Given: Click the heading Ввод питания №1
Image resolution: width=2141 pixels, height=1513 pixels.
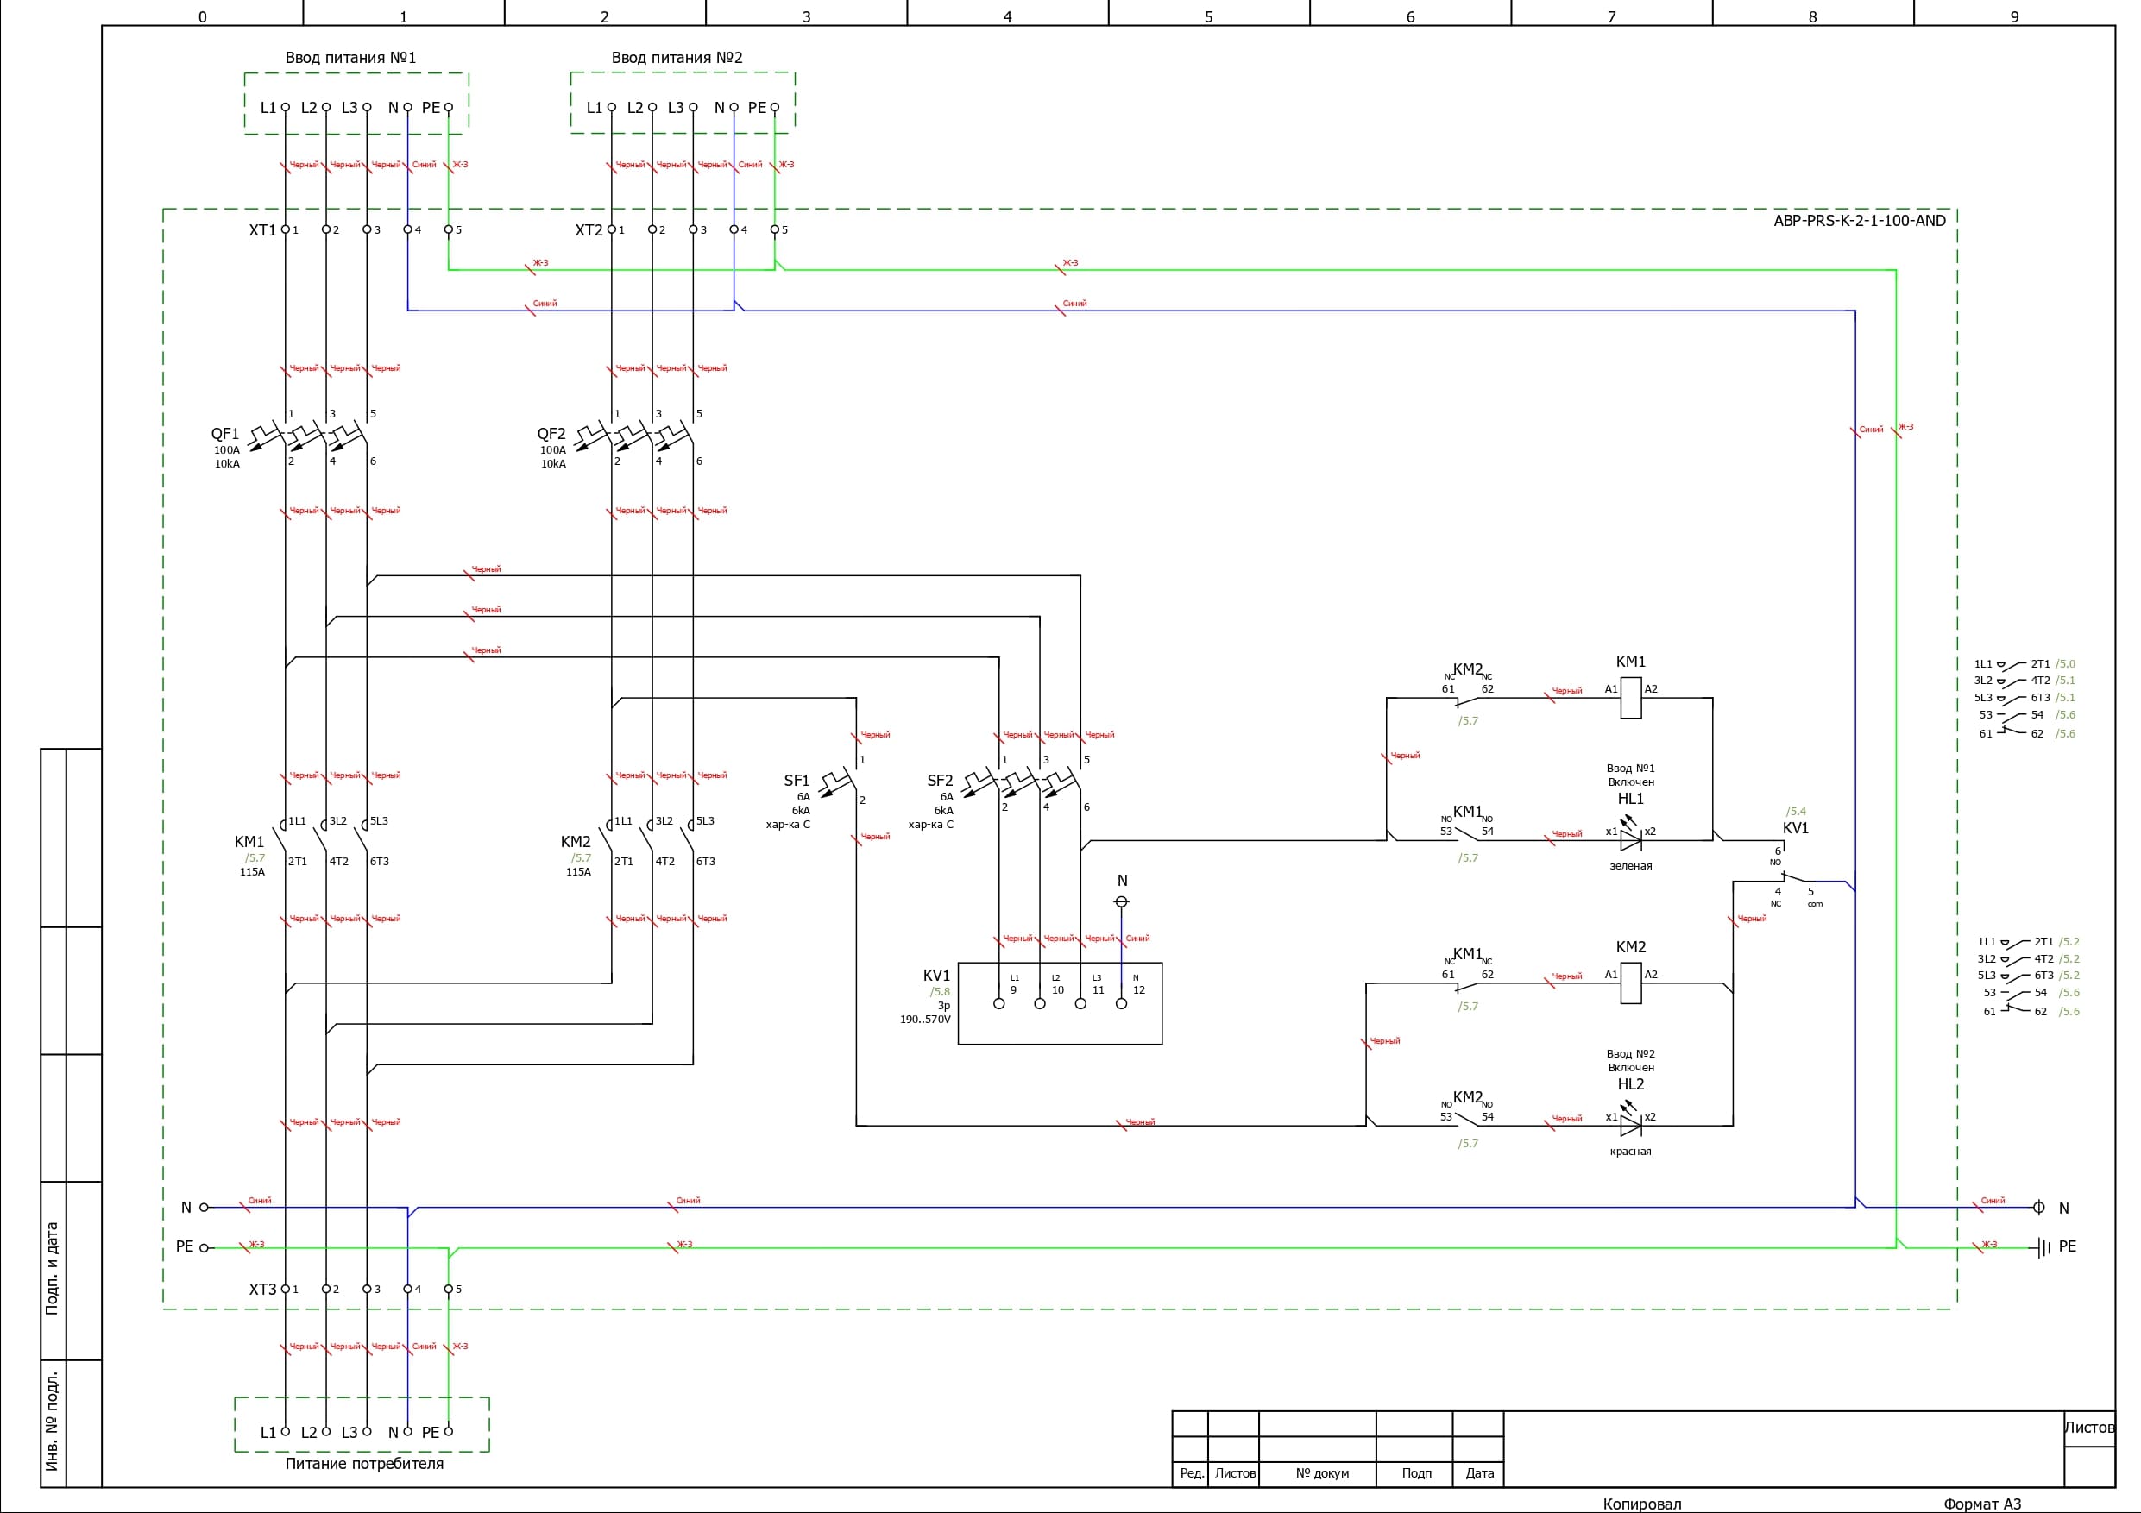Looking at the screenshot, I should click(x=350, y=58).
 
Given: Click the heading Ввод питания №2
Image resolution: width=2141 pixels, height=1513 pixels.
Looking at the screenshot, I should click(x=677, y=58).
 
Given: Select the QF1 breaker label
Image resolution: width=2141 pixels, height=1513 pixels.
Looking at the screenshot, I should click(x=224, y=434).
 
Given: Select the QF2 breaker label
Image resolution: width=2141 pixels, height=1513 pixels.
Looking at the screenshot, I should click(x=551, y=434).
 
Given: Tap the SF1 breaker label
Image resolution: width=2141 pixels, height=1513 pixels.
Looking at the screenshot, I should click(x=797, y=781).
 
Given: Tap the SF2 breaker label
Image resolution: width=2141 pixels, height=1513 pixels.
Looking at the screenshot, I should click(x=940, y=781).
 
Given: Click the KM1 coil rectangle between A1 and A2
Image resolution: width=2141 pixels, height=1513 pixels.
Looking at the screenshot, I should click(x=1630, y=697).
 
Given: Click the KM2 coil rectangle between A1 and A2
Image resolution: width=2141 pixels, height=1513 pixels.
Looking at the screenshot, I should click(x=1630, y=983).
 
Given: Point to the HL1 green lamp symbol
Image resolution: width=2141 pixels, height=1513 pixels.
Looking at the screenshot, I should click(x=1630, y=840).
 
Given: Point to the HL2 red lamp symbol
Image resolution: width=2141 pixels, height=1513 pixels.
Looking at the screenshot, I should click(x=1630, y=1125).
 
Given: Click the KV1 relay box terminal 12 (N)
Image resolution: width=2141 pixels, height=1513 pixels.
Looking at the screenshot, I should click(x=1122, y=1004).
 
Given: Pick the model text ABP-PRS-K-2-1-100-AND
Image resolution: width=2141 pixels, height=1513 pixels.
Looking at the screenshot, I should click(x=1860, y=221).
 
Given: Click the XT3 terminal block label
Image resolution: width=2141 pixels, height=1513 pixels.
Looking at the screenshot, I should click(x=262, y=1290).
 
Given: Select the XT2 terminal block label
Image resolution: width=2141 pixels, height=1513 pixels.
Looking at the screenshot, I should click(x=589, y=230).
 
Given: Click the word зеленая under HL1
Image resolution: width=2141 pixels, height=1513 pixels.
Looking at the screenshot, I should click(x=1630, y=866).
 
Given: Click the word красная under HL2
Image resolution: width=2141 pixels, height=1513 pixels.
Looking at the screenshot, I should click(x=1630, y=1152).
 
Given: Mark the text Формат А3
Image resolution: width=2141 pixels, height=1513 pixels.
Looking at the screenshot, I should click(x=1981, y=1504).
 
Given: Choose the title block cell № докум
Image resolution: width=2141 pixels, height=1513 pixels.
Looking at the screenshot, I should click(x=1322, y=1473).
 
